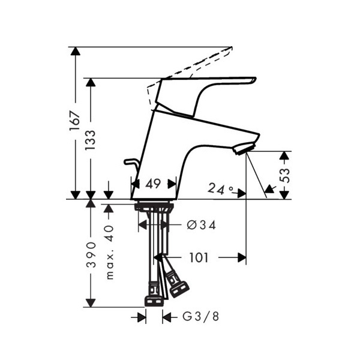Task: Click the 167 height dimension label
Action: tap(76, 121)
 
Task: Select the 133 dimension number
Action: tap(90, 140)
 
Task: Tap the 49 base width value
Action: tap(153, 184)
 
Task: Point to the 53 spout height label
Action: tap(284, 175)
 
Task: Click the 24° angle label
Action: tap(220, 189)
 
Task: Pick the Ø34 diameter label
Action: tap(202, 225)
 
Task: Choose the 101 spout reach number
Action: tap(199, 257)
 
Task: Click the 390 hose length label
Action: tap(91, 254)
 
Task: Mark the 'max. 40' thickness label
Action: tap(110, 253)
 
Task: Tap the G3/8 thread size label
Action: tap(200, 317)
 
